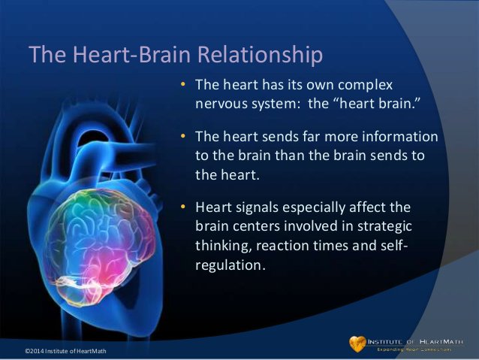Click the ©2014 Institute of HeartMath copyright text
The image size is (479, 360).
coord(66,352)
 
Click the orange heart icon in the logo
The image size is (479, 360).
coord(357,343)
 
